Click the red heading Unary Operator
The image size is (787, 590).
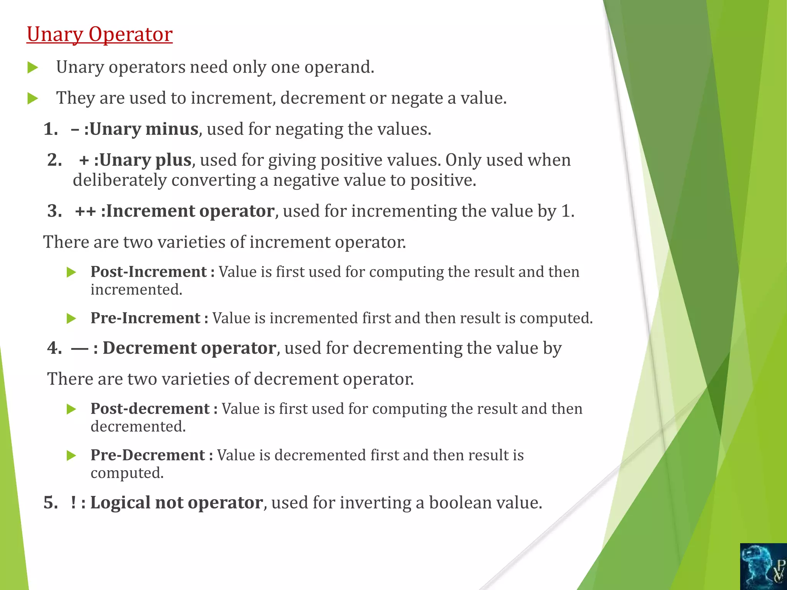click(x=100, y=35)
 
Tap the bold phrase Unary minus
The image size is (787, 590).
click(x=144, y=129)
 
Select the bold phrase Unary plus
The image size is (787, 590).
click(x=145, y=160)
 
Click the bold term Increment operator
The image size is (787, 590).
click(x=190, y=211)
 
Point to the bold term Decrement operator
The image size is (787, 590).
click(x=189, y=348)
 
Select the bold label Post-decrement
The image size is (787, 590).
click(x=150, y=409)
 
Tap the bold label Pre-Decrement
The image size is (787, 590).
click(x=148, y=455)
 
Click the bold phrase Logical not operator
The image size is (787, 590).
click(x=176, y=502)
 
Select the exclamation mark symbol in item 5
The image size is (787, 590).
click(x=73, y=502)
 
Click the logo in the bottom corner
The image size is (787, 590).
click(x=763, y=566)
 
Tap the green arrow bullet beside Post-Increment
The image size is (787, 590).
click(x=71, y=272)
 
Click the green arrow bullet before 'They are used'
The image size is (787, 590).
click(x=33, y=99)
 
